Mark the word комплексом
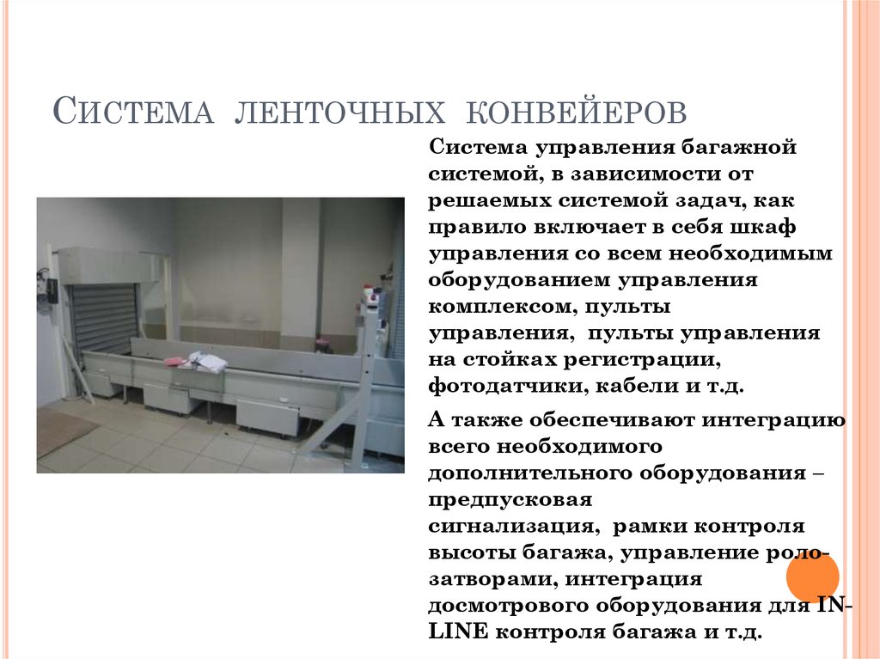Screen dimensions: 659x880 (493, 307)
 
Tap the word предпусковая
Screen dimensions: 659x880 (510, 499)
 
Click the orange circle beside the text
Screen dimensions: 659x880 (811, 574)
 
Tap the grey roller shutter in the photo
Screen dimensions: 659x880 (104, 319)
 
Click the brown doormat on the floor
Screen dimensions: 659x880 (62, 430)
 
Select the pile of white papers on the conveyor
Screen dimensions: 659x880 (206, 362)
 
